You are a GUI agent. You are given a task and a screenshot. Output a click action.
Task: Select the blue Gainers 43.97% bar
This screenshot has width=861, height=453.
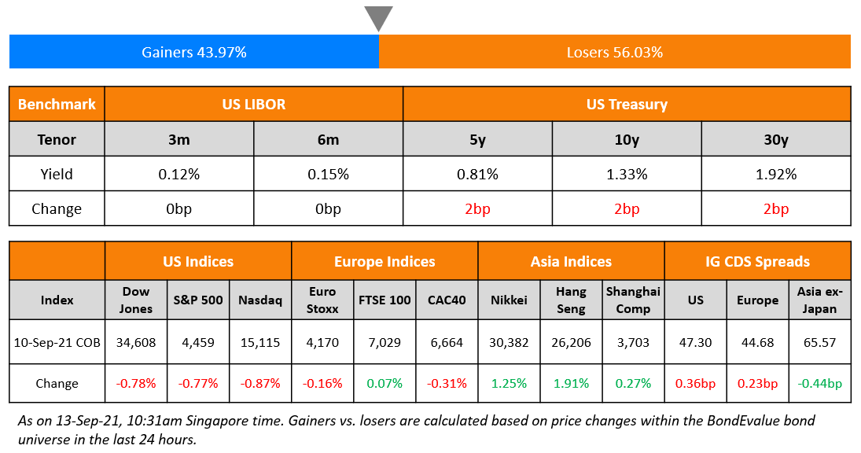point(193,52)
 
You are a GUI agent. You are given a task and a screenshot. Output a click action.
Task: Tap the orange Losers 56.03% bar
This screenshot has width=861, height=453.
point(614,52)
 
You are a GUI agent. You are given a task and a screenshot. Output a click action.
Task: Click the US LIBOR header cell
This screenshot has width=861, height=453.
point(253,104)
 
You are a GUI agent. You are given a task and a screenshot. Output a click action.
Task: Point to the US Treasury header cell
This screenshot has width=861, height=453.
point(626,104)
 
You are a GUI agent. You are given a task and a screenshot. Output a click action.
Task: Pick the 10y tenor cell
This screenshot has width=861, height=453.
point(626,139)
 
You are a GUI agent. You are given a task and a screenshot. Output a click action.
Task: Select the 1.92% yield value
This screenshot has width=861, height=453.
point(775,174)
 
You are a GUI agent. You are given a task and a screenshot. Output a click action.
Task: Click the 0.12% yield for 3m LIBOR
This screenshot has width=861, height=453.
point(178,174)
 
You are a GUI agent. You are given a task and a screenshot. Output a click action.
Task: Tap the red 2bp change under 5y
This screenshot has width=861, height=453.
point(477,209)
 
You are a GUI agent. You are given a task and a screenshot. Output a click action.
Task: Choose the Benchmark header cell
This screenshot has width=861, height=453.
point(57,104)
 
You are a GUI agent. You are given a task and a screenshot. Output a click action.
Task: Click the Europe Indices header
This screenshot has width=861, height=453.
point(385,261)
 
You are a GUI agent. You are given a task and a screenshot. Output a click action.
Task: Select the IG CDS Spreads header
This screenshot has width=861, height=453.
point(757,261)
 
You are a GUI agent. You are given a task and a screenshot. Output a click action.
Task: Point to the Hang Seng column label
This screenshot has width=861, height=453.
point(571,300)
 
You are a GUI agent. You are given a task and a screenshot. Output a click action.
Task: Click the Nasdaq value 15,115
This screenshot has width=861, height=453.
point(260,343)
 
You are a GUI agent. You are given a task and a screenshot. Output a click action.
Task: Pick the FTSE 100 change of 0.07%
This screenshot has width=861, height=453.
point(385,384)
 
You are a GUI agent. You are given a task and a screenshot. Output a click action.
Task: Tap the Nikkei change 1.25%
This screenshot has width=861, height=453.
point(509,384)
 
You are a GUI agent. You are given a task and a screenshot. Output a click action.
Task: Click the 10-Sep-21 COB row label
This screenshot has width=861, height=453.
point(57,343)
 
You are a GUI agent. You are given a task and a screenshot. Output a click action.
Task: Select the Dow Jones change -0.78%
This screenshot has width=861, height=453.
point(135,384)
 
